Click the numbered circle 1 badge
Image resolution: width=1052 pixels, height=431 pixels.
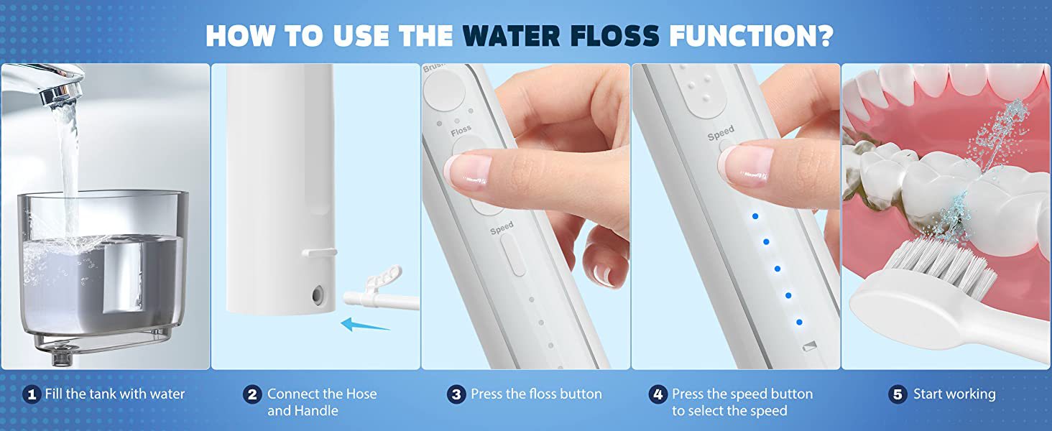click(32, 394)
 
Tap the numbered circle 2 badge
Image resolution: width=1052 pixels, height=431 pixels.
click(252, 394)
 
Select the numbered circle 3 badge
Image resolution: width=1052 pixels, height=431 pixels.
click(456, 394)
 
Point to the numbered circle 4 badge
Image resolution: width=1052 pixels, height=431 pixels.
click(658, 394)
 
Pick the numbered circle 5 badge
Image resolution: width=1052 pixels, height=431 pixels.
click(898, 394)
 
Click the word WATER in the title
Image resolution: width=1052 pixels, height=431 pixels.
click(511, 35)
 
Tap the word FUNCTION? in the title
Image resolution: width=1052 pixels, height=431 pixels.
click(752, 35)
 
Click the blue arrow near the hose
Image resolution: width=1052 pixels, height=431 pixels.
click(364, 325)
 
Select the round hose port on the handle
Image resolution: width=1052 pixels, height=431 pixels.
click(318, 295)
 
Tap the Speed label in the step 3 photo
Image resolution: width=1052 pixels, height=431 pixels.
click(502, 228)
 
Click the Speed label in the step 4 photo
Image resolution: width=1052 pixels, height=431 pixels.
click(721, 133)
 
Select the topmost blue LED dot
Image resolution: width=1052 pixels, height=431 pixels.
click(755, 216)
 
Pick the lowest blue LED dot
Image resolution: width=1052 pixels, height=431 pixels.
click(799, 322)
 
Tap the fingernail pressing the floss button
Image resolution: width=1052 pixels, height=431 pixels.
click(467, 172)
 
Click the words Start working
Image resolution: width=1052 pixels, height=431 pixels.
click(954, 394)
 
